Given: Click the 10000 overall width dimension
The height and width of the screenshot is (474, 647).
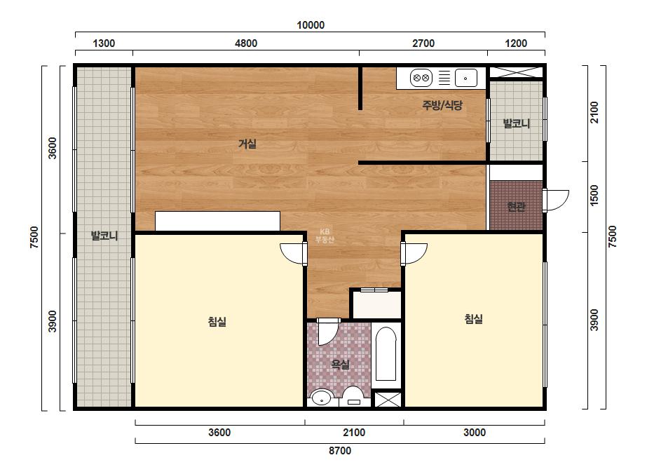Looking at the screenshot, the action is (x=311, y=25).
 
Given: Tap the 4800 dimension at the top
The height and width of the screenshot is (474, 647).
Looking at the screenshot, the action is (x=246, y=43).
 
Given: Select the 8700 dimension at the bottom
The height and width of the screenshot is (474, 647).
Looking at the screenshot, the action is (x=340, y=450).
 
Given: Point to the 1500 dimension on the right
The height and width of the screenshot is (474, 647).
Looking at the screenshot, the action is (x=594, y=196).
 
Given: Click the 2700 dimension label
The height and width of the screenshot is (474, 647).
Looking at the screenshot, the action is (x=423, y=43).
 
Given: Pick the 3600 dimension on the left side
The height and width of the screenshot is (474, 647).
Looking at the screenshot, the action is (x=53, y=148).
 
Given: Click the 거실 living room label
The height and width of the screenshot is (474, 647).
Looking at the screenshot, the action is (x=247, y=144).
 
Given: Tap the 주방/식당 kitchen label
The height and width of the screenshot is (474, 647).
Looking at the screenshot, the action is (x=442, y=105).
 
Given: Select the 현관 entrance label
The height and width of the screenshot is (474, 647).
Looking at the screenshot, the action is (x=516, y=206).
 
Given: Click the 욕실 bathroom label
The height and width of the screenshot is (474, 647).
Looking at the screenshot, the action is (x=341, y=364).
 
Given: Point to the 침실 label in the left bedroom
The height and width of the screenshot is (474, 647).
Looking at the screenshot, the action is (x=217, y=322).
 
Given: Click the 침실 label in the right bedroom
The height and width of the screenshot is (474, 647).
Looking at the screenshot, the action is (x=473, y=319).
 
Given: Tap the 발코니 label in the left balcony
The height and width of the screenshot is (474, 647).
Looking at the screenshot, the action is (x=104, y=236).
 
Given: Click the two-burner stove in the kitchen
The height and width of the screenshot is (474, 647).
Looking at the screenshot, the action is (x=421, y=78).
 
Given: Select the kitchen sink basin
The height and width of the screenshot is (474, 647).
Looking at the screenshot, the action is (x=466, y=78).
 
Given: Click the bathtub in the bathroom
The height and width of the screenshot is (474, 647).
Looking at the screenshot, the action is (x=386, y=354).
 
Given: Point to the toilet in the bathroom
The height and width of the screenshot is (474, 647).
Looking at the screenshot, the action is (x=353, y=397).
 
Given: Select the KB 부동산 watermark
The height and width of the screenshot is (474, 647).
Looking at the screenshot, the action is (x=325, y=236).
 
